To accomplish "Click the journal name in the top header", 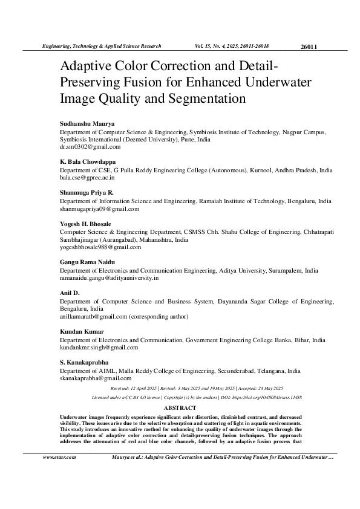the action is pos(100,46).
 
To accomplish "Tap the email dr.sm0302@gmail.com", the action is pos(90,146).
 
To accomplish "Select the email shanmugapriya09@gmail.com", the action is pos(99,209).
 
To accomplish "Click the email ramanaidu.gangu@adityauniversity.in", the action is pos(109,278).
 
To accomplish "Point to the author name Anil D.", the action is pos(69,293).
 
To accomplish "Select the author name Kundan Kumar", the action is pos(82,332).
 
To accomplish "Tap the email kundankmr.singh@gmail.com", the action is pos(99,348).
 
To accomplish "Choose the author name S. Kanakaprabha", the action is pos(83,363).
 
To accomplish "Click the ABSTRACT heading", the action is pos(180,407).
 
